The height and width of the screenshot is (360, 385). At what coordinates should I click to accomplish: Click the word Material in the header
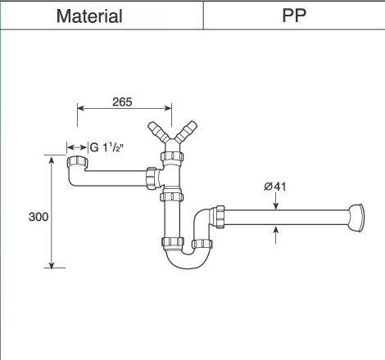[89, 16]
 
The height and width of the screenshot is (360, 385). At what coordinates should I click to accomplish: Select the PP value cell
[294, 16]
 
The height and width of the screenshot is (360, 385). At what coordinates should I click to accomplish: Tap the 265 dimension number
[123, 102]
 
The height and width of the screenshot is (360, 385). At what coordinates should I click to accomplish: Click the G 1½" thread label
[106, 148]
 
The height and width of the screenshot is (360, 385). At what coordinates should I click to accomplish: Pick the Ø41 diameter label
[274, 187]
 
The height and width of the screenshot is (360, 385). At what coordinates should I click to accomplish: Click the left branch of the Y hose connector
[156, 130]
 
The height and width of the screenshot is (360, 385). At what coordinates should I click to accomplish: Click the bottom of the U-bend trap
[182, 262]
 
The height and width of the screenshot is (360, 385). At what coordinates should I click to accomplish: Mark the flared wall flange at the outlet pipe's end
[356, 216]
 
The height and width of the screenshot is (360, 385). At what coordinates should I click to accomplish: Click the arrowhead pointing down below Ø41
[275, 203]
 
